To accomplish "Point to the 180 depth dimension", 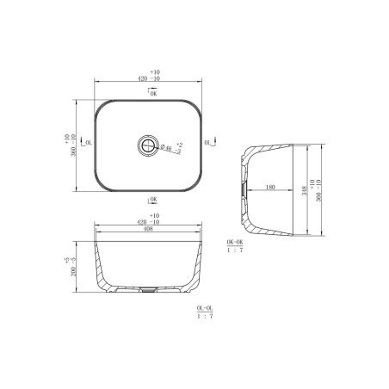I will (x=269, y=186).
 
